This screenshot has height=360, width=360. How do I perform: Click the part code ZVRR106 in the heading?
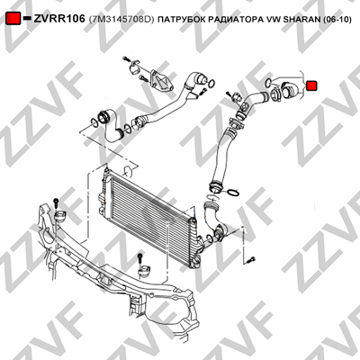click(x=59, y=19)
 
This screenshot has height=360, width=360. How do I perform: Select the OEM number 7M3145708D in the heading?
click(x=121, y=20)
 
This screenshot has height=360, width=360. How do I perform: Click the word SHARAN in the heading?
click(x=302, y=20)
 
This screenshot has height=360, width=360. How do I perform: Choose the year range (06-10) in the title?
click(x=337, y=20)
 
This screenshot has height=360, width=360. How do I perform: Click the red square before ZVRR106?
click(x=13, y=19)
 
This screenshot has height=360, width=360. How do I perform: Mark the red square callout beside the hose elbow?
click(x=312, y=85)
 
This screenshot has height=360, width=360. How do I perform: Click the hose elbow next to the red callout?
click(x=291, y=91)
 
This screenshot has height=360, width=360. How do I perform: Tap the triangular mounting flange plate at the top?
click(x=162, y=80)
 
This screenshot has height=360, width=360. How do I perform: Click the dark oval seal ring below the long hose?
click(x=234, y=193)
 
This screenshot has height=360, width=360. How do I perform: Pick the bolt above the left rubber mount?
click(x=56, y=203)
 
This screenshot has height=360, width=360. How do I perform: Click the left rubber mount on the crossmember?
click(x=60, y=217)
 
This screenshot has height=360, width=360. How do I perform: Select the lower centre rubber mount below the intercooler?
click(x=143, y=270)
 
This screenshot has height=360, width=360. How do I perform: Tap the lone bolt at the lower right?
click(x=251, y=259)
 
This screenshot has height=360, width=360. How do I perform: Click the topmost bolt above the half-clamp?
click(x=126, y=58)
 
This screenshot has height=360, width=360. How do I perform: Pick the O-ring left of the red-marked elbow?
click(x=269, y=81)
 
